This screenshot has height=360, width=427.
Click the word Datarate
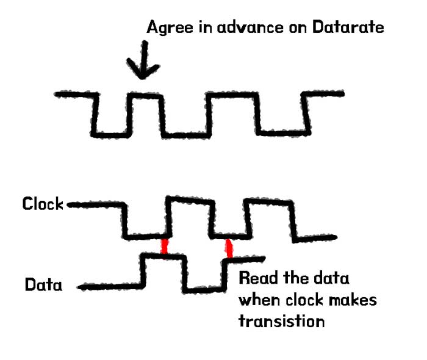pyautogui.click(x=354, y=27)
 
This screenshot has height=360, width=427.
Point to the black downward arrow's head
pyautogui.click(x=141, y=73)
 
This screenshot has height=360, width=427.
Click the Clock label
pyautogui.click(x=43, y=203)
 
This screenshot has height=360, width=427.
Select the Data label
pyautogui.click(x=43, y=284)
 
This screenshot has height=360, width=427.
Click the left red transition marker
pyautogui.click(x=164, y=247)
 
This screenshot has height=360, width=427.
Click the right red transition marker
pyautogui.click(x=229, y=247)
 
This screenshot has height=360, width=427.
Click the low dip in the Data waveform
pyautogui.click(x=204, y=288)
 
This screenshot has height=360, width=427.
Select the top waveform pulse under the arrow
pyautogui.click(x=145, y=95)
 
